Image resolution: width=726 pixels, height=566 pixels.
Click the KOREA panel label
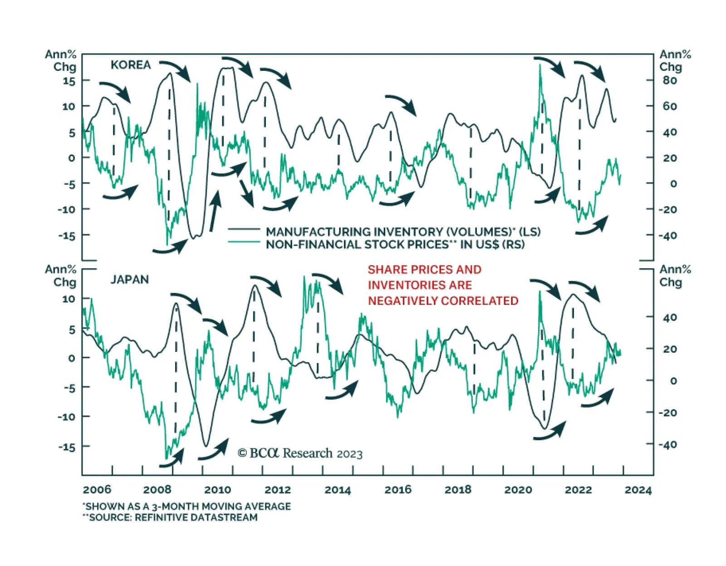(x=131, y=65)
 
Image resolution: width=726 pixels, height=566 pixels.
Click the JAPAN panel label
(x=129, y=280)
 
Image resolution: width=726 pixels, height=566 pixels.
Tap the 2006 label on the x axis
(x=97, y=490)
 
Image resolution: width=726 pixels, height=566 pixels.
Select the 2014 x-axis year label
(x=338, y=490)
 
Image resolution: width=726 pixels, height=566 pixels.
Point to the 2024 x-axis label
(x=638, y=490)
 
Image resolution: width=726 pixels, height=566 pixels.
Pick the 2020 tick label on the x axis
(x=518, y=490)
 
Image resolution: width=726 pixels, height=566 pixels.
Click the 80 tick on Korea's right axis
(x=670, y=80)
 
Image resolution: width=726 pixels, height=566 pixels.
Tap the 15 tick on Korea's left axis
(x=69, y=81)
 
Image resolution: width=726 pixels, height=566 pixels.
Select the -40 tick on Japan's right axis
(x=667, y=445)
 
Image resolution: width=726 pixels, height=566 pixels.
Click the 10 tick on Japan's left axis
(x=69, y=299)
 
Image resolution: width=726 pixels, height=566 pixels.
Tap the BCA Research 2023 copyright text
(x=300, y=453)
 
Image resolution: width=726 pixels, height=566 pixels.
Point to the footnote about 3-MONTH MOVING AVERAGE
(x=187, y=506)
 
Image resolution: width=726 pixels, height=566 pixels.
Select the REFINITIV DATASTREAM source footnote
(x=171, y=517)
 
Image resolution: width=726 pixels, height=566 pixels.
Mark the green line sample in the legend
(x=244, y=242)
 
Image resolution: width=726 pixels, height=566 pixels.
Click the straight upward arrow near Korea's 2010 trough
(x=215, y=211)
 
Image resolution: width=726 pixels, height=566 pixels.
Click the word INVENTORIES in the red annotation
(x=420, y=285)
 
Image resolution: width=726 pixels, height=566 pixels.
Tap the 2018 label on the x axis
(x=458, y=490)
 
